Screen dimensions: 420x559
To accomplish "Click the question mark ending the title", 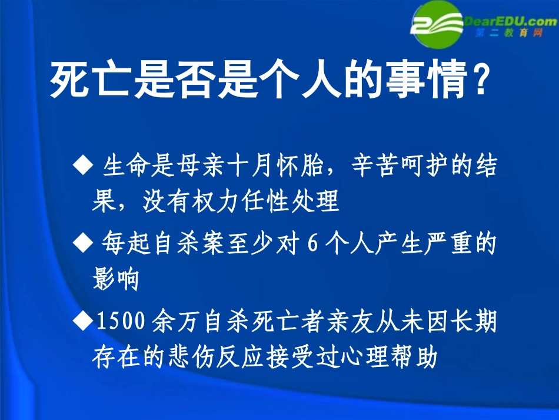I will pos(480,82).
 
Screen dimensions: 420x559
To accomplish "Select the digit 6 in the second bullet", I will pos(312,242).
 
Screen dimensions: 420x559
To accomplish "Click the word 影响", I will pos(115,280).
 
